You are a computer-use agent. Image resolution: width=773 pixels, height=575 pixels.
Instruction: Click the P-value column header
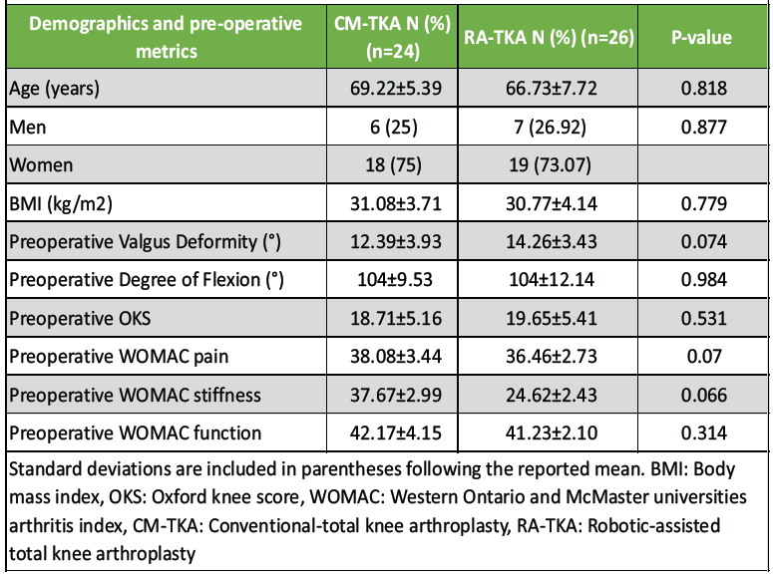pos(699,38)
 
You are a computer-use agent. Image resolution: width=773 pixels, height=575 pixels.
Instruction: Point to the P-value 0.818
pos(699,89)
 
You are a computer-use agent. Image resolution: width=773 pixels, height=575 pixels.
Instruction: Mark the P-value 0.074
pos(699,242)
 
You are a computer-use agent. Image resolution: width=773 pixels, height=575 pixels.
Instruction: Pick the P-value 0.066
pos(699,396)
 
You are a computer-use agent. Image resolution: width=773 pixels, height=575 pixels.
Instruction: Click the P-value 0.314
pos(699,433)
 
